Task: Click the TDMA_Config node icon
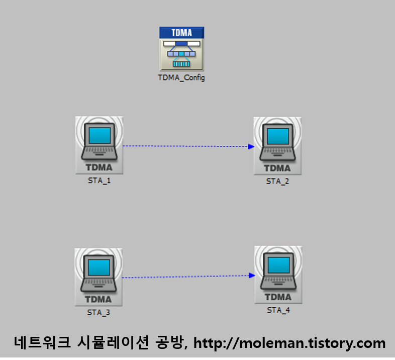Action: (x=181, y=49)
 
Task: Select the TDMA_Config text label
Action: (x=181, y=78)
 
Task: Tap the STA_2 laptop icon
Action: (x=277, y=145)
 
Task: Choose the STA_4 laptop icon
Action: (x=278, y=275)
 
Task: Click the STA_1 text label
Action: (x=99, y=181)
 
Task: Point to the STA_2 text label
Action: (x=277, y=181)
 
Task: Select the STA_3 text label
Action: (x=98, y=312)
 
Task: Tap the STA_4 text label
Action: (x=278, y=310)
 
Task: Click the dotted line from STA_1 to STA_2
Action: (x=186, y=146)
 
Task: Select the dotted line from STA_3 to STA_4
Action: (x=186, y=277)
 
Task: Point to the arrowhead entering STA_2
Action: (x=251, y=147)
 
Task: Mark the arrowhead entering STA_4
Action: (x=251, y=275)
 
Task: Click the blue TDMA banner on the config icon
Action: (x=181, y=33)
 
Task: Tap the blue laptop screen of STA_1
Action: (x=99, y=135)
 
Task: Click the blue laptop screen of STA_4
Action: (x=278, y=264)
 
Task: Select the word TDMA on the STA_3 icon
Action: (x=98, y=299)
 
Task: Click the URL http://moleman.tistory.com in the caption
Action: (x=289, y=343)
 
